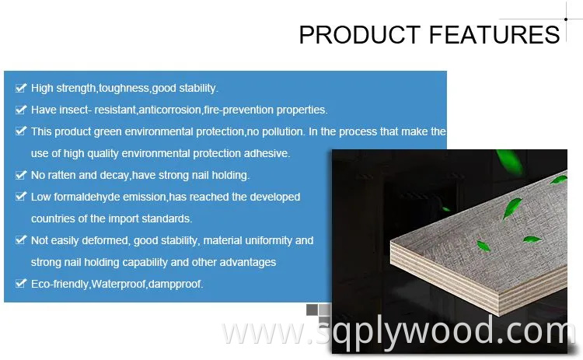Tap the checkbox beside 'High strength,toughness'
click(x=20, y=88)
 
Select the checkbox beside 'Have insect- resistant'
click(x=20, y=110)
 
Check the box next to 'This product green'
click(x=20, y=131)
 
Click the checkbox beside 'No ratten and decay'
click(x=20, y=175)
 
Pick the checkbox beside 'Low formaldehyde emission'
click(x=20, y=197)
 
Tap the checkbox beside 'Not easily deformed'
click(x=20, y=240)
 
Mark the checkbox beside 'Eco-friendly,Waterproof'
click(x=20, y=284)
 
